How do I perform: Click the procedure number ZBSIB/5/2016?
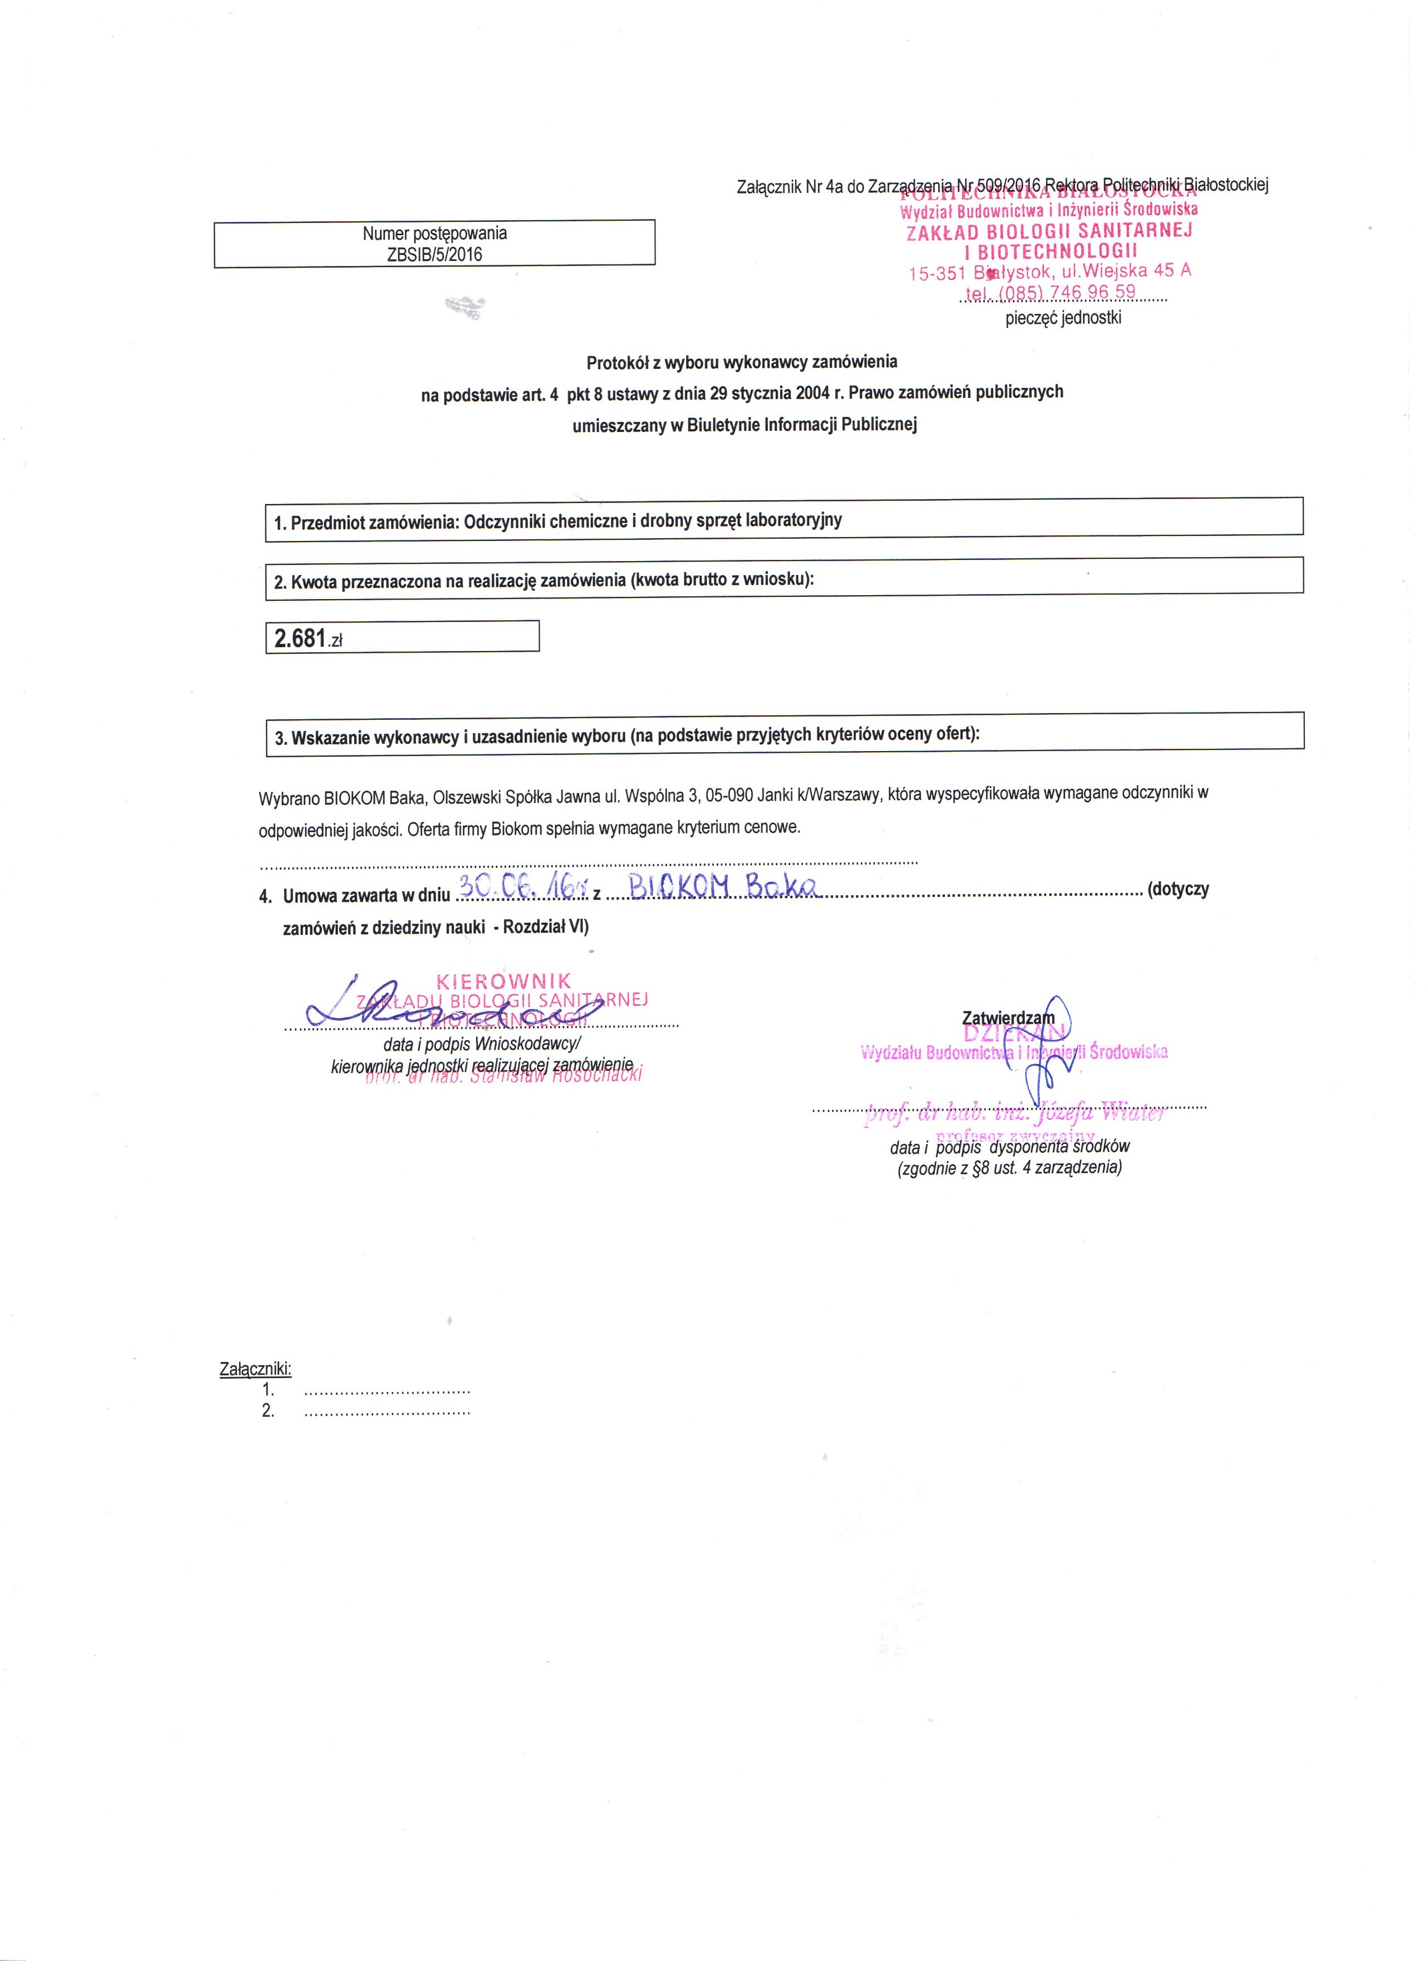click(435, 254)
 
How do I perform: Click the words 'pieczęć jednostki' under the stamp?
click(1063, 318)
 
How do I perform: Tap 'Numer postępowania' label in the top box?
click(434, 234)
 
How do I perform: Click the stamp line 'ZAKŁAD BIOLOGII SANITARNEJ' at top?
click(1049, 232)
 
